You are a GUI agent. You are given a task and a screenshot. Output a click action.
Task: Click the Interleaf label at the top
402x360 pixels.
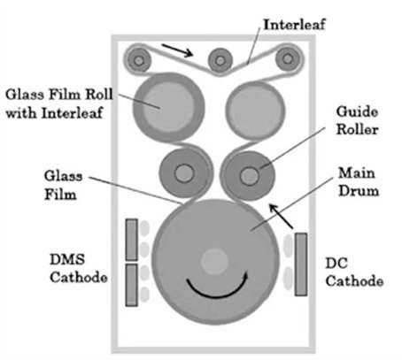tap(294, 24)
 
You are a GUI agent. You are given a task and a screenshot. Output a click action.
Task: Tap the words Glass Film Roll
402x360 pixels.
tap(59, 95)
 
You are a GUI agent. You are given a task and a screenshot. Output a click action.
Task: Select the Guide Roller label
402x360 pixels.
tap(357, 120)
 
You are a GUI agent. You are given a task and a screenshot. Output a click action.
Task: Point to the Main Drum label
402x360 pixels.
tap(359, 181)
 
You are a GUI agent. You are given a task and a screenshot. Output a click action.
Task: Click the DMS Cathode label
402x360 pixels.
tap(78, 268)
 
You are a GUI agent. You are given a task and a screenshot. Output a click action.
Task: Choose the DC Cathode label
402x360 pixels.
tap(354, 272)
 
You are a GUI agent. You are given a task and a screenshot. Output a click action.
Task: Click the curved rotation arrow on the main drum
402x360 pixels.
tap(217, 287)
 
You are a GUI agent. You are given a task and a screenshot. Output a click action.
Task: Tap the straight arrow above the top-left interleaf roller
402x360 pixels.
tap(177, 50)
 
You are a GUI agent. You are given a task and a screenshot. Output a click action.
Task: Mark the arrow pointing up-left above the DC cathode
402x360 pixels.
tap(281, 217)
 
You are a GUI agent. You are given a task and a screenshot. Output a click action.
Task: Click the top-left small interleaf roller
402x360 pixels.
tap(139, 60)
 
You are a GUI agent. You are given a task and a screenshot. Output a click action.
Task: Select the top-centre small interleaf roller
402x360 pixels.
tap(220, 61)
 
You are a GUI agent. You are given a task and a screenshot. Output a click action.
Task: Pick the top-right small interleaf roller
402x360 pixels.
tap(288, 58)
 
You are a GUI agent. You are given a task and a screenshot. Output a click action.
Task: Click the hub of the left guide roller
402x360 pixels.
tap(184, 172)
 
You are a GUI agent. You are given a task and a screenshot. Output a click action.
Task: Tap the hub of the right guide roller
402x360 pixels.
tap(250, 176)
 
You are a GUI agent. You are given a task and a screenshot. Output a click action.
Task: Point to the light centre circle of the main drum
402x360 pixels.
tap(214, 262)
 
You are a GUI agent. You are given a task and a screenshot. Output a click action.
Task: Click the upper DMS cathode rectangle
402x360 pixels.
tap(132, 240)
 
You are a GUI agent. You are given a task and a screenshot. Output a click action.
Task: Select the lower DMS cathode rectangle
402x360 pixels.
tap(132, 285)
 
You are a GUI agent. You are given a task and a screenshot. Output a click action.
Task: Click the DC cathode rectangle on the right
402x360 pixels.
tap(301, 264)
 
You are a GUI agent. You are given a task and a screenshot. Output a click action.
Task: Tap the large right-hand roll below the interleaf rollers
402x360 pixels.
tap(256, 110)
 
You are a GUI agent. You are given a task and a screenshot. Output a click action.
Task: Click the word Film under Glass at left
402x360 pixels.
tap(60, 195)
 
